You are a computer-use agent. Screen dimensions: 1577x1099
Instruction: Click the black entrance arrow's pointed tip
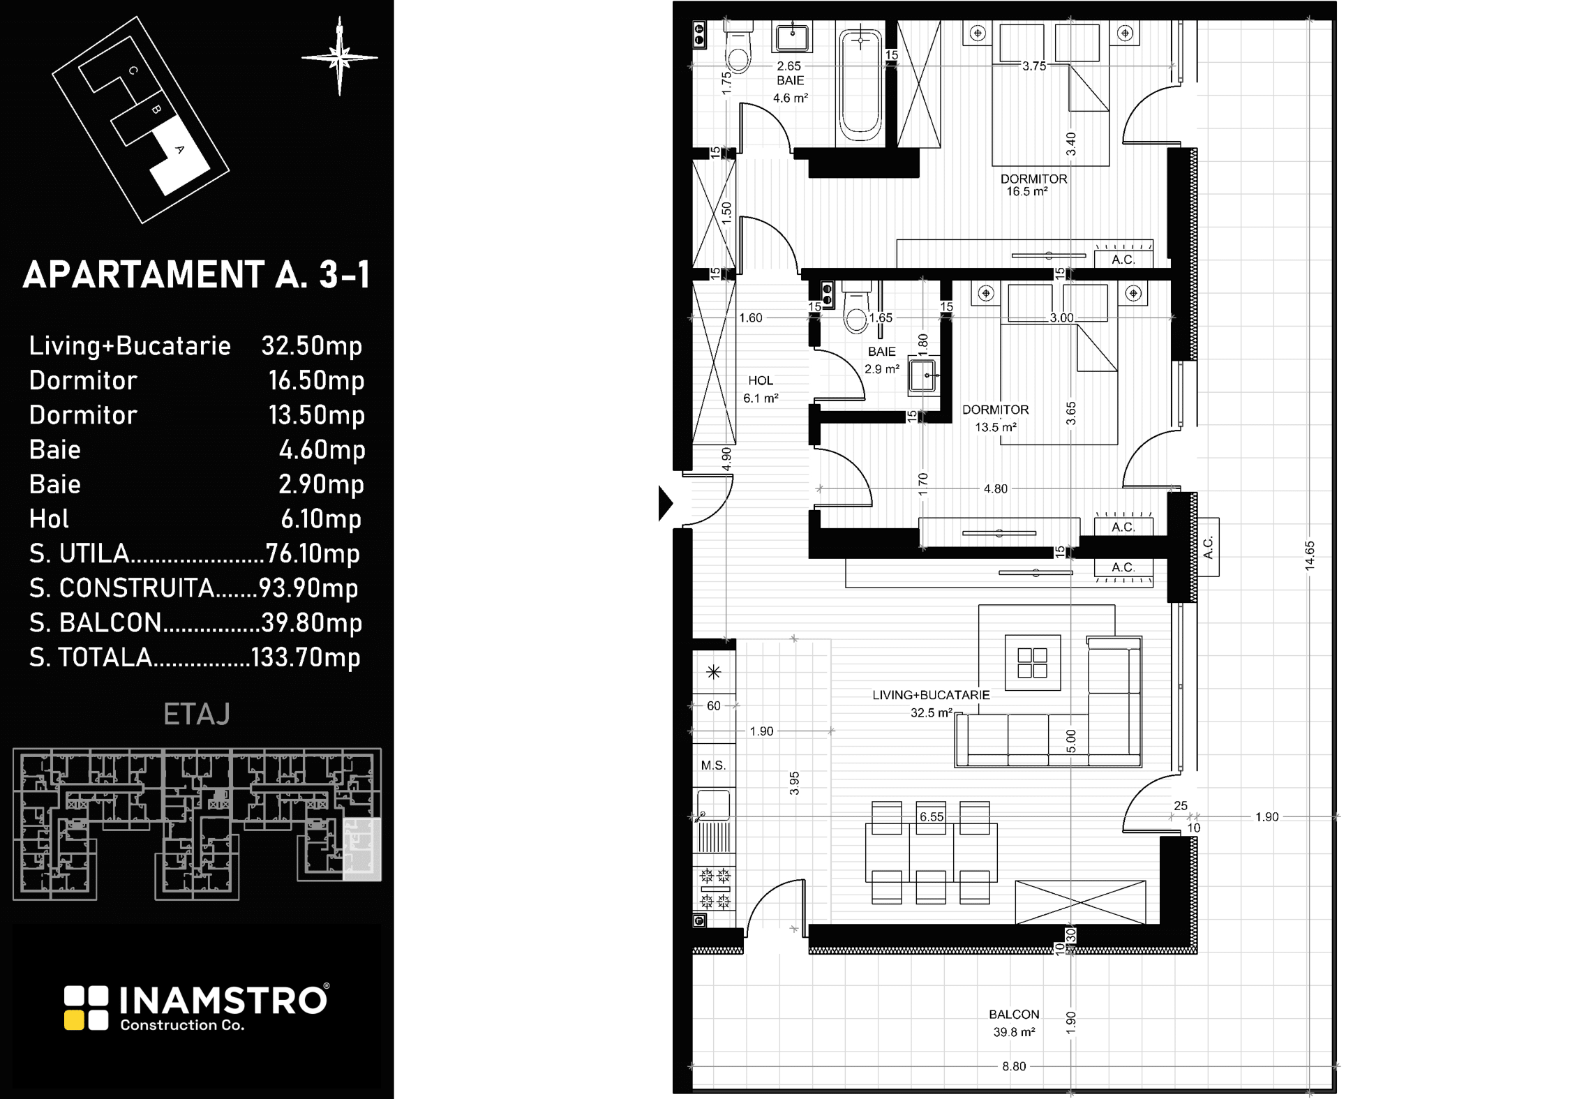coord(673,503)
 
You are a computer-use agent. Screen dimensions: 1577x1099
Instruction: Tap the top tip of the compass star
coord(340,17)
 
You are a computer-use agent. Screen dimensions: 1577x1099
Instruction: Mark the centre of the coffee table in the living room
coord(1032,663)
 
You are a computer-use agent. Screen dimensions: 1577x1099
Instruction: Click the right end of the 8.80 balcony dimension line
coord(1336,1066)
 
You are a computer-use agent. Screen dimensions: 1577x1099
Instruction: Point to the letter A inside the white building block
coord(179,149)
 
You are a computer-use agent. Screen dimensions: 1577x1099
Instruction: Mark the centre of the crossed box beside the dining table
coord(1080,902)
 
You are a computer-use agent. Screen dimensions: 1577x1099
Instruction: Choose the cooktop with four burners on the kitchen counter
coord(715,888)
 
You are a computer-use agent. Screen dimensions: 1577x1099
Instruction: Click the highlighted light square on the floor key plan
coord(362,848)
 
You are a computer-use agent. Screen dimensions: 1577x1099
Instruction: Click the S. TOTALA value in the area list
coord(305,657)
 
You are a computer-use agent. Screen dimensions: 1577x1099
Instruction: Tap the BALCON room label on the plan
coord(1014,1015)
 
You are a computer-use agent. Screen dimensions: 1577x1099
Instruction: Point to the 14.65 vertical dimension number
coord(1309,555)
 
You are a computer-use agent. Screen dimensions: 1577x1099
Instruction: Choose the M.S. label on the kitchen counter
coord(713,765)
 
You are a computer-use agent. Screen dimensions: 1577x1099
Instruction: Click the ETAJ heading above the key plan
coord(197,715)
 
